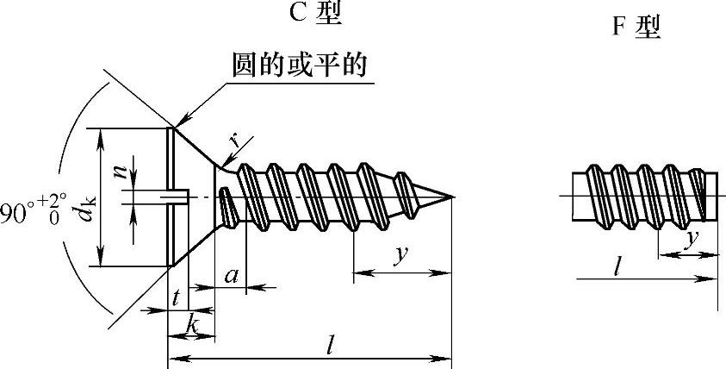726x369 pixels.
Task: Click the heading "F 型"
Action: pos(636,28)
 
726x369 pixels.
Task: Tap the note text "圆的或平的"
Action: pos(302,66)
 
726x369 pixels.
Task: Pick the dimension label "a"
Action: pos(231,276)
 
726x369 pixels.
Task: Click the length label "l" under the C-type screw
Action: pos(331,343)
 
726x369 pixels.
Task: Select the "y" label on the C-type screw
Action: pos(400,255)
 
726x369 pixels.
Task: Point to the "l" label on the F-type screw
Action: pos(617,266)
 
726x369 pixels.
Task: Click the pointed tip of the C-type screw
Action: pos(451,197)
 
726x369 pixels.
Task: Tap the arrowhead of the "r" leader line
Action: pos(223,165)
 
